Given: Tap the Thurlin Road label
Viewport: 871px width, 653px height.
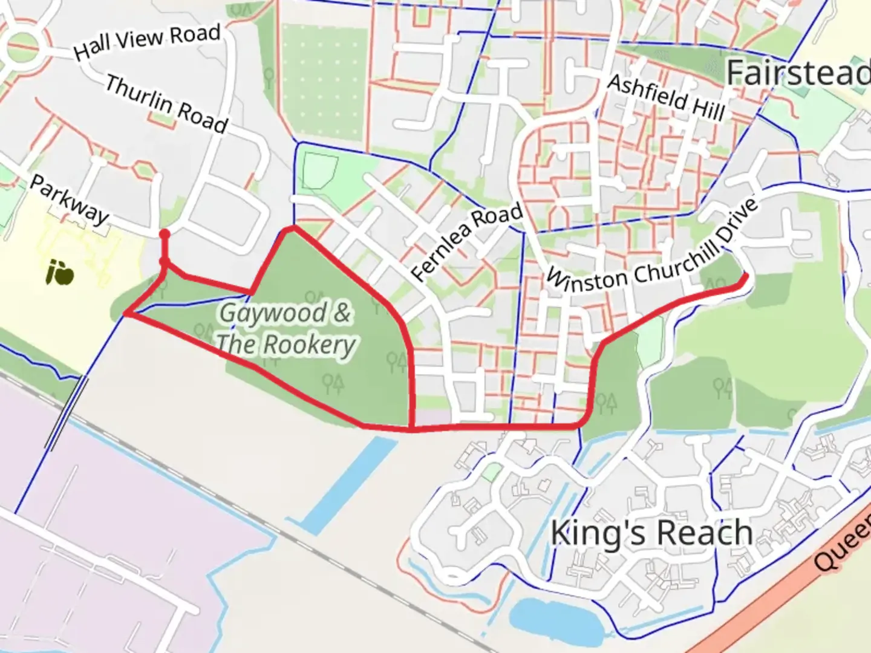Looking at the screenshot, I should (166, 104).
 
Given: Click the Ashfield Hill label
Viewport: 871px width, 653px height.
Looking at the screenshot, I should (666, 97).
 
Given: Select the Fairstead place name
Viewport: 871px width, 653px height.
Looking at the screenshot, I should (797, 74).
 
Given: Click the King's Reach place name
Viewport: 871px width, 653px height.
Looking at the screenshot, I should (651, 533).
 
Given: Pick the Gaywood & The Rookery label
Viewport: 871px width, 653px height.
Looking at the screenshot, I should (285, 329).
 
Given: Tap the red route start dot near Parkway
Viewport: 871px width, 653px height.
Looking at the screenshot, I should (164, 234).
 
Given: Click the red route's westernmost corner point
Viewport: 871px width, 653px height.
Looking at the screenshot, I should (126, 313).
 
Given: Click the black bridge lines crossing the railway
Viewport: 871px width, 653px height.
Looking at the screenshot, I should (67, 412).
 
